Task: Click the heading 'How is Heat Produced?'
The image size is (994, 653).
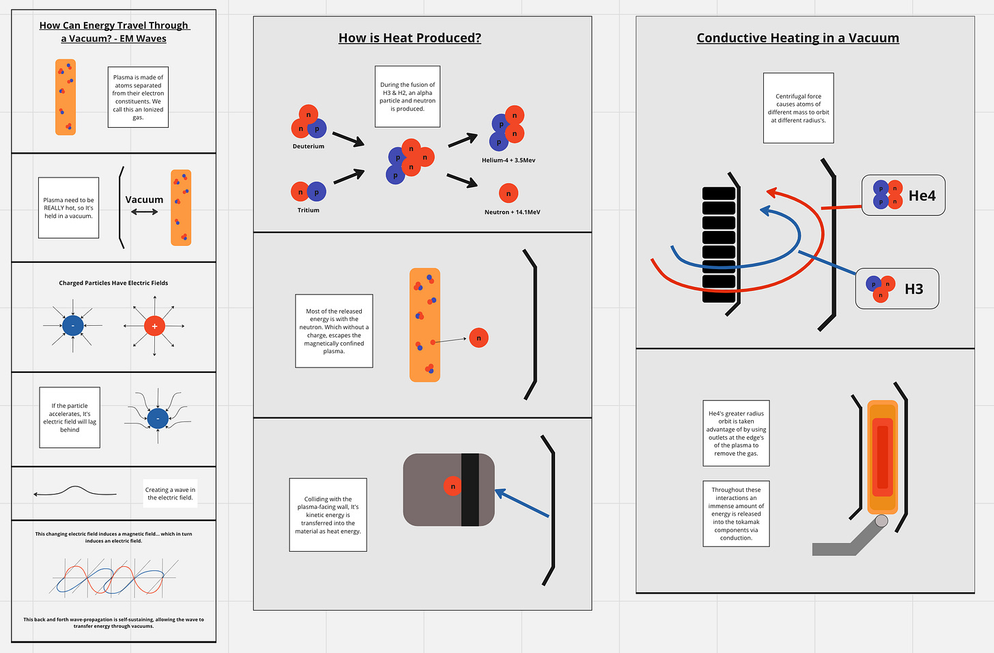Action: pos(410,38)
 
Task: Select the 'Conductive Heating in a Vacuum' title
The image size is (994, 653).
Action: pos(797,38)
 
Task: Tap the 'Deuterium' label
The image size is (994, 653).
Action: pos(309,146)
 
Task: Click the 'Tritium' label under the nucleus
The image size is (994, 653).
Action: pos(309,210)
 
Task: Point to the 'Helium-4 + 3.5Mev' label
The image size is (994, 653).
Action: pos(509,161)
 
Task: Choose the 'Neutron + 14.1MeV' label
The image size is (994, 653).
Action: pos(512,212)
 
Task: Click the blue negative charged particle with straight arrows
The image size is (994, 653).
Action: pos(73,326)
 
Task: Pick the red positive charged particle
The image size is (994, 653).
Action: pos(154,326)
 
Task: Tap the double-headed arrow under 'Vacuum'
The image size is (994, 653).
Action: pos(144,212)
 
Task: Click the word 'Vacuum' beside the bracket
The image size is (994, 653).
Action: pos(144,199)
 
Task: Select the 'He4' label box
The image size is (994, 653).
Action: pos(903,195)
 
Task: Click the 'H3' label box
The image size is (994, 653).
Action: pos(897,289)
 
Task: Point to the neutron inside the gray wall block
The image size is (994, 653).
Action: pos(453,486)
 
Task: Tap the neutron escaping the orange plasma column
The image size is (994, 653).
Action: pos(479,338)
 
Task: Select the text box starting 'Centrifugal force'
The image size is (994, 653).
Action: pos(798,108)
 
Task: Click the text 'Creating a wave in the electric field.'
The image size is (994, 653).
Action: pos(170,493)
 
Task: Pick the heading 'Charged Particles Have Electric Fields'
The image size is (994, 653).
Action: pos(113,283)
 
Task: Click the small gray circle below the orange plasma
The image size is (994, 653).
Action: pos(881,521)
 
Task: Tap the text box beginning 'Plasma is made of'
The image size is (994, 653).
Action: pos(138,97)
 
